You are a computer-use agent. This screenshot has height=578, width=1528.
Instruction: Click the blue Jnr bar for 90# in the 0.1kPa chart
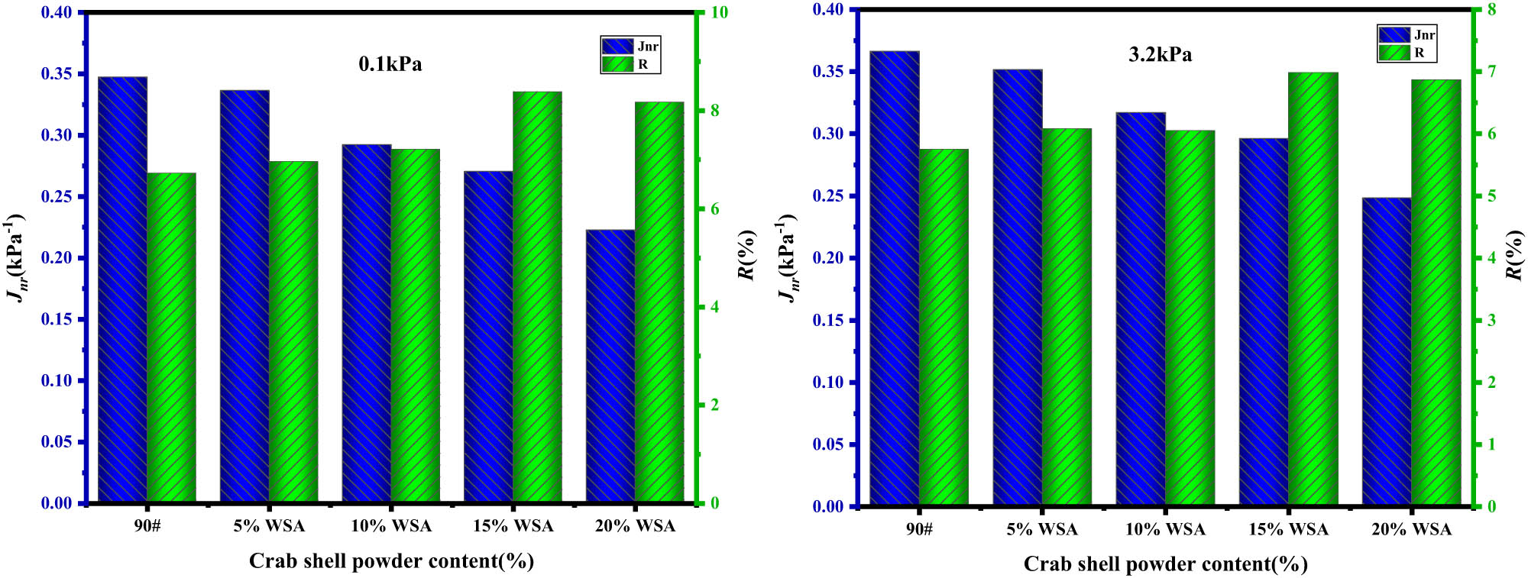(122, 290)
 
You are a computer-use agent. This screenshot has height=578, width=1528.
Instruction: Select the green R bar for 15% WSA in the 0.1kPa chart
(537, 298)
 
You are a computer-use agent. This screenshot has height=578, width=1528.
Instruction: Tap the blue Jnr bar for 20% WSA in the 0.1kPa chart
(610, 366)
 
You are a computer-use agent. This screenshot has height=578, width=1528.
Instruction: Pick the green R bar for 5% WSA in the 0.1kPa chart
(293, 332)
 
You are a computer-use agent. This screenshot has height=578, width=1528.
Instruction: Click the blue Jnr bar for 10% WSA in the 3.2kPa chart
(1141, 309)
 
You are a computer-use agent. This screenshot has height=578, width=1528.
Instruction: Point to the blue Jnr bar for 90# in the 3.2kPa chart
(895, 279)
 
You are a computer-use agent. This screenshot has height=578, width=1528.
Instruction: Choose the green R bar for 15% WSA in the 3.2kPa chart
(1313, 289)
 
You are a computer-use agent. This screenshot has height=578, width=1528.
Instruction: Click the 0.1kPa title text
(390, 64)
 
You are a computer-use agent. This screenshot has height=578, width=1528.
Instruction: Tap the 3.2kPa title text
(1160, 54)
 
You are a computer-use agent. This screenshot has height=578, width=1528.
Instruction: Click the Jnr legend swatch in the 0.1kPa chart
(617, 47)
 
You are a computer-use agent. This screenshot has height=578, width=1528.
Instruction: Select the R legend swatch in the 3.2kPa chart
(1394, 53)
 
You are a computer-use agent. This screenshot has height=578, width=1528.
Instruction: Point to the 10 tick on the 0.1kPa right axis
(719, 13)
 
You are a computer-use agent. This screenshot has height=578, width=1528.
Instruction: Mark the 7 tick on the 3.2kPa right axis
(1491, 72)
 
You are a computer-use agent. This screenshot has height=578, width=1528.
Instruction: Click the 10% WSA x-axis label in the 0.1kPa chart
(391, 526)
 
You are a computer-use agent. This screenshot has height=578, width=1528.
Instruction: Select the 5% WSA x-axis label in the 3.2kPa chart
(1042, 529)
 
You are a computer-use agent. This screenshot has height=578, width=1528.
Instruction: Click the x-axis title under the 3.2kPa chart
(1165, 564)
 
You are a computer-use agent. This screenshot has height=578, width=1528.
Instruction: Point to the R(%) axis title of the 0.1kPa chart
(746, 255)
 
